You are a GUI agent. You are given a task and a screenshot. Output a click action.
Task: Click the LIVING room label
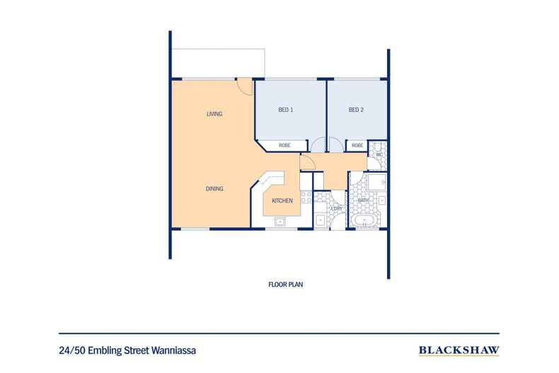click(x=214, y=114)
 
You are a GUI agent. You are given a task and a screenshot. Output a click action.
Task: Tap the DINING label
click(x=214, y=189)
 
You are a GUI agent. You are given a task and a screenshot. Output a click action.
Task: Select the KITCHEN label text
click(x=282, y=202)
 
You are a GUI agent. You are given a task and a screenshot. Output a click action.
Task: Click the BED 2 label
click(x=356, y=110)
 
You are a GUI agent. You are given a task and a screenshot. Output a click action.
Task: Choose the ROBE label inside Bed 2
click(x=357, y=146)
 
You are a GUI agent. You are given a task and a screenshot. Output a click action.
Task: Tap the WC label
click(x=379, y=154)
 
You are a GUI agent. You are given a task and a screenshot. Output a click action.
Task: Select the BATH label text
click(x=364, y=201)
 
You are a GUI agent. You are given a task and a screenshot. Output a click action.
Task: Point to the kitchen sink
click(x=280, y=222)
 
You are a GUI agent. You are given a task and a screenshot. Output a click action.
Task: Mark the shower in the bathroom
click(x=377, y=183)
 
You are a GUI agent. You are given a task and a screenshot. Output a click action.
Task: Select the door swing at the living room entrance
click(x=243, y=88)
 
